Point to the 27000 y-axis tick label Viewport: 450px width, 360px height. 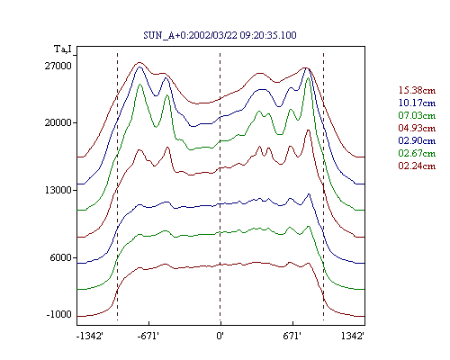pyautogui.click(x=58, y=66)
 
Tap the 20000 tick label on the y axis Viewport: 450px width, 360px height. pyautogui.click(x=58, y=122)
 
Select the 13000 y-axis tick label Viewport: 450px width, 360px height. pyautogui.click(x=58, y=190)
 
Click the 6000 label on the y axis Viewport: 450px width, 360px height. pyautogui.click(x=61, y=257)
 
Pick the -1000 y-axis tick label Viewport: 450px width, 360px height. pyautogui.click(x=59, y=314)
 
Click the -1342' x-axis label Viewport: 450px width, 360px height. pyautogui.click(x=90, y=336)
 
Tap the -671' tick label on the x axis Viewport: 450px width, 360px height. pyautogui.click(x=148, y=336)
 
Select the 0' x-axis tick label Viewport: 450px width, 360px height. pyautogui.click(x=220, y=336)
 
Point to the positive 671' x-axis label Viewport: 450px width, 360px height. pyautogui.click(x=292, y=336)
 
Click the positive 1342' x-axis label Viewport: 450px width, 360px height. pyautogui.click(x=353, y=336)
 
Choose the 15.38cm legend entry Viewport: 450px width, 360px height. pyautogui.click(x=417, y=90)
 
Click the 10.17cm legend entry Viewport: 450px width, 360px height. pyautogui.click(x=417, y=103)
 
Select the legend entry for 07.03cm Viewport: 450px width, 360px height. pyautogui.click(x=417, y=115)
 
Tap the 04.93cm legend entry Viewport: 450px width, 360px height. pyautogui.click(x=417, y=128)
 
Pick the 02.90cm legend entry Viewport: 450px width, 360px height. pyautogui.click(x=417, y=140)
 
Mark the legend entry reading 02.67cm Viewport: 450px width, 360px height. pyautogui.click(x=417, y=153)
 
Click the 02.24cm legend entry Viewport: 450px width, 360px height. pyautogui.click(x=417, y=166)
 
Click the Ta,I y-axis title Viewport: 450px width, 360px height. pyautogui.click(x=63, y=49)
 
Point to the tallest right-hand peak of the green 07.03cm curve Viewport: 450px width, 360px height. pyautogui.click(x=308, y=78)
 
